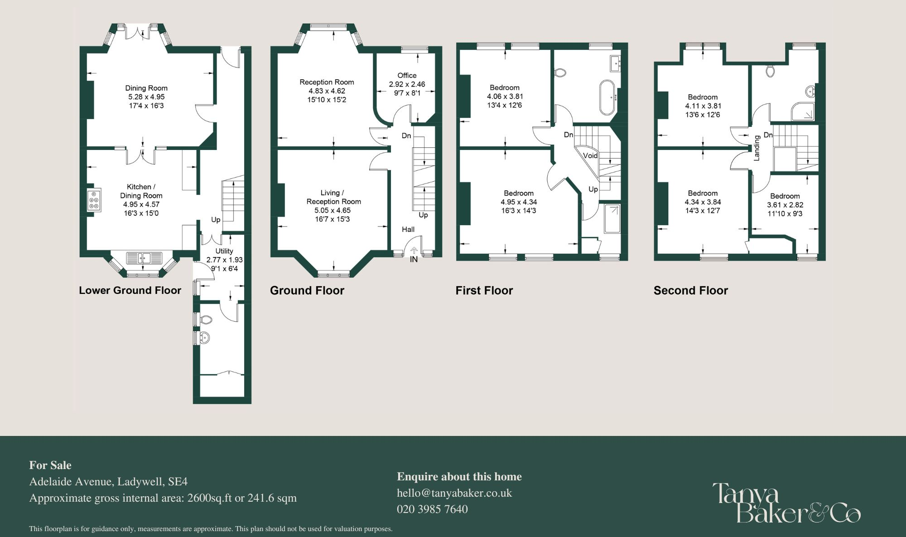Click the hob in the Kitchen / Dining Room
pos(94,200)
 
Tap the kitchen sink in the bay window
pos(144,258)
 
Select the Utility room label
pos(224,251)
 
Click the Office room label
pos(407,76)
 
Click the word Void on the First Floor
pos(590,155)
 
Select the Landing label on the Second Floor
pos(757,148)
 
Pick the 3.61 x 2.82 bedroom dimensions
pos(785,205)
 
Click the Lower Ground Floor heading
pos(130,290)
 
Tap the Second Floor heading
pos(690,290)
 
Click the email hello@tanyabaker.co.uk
pos(454,493)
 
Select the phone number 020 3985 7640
pos(432,509)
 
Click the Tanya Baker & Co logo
pos(786,503)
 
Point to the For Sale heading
pos(50,465)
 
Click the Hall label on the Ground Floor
pos(408,229)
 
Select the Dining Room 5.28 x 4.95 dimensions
pos(146,97)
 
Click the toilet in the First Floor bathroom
pos(560,73)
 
